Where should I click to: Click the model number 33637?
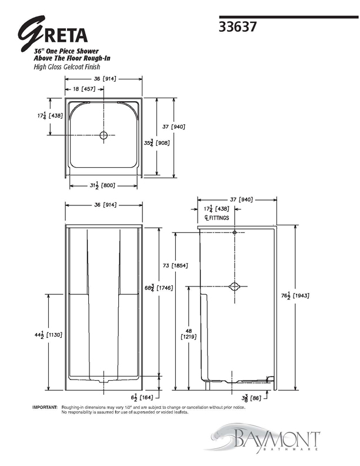coord(237,27)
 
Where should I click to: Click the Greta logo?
coord(52,34)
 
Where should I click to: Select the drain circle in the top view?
coord(104,135)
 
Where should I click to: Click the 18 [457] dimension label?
coord(84,89)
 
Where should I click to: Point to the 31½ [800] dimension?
coord(102,185)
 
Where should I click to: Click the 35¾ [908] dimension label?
coord(157,143)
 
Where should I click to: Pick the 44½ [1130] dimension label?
coord(48,335)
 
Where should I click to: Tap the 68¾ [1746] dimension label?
coord(159,288)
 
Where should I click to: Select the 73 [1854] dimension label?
coord(175,265)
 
